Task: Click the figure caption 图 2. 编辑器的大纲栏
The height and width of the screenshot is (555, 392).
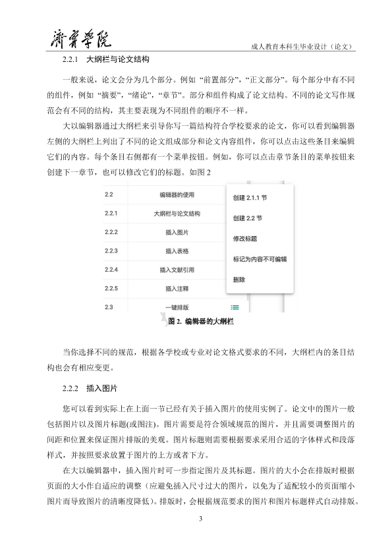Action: click(202, 322)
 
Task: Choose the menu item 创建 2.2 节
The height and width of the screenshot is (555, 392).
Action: click(248, 218)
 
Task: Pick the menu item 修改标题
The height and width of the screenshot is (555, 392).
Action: click(244, 239)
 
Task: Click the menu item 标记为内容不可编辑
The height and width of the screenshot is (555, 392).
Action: click(260, 259)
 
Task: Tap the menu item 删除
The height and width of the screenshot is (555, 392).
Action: click(239, 279)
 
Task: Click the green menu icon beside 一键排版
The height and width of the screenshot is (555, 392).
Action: click(235, 307)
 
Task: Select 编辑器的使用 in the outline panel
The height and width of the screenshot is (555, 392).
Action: click(176, 195)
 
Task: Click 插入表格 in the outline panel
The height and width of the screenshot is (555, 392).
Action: click(176, 251)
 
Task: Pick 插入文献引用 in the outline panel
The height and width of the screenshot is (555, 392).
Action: click(176, 270)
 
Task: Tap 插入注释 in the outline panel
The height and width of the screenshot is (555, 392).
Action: click(176, 288)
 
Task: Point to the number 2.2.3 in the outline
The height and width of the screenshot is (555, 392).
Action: click(111, 251)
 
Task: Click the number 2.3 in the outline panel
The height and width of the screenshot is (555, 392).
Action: click(109, 307)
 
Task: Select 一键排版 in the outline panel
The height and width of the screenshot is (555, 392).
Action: click(176, 307)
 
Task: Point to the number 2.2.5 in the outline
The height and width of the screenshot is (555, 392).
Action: click(111, 288)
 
